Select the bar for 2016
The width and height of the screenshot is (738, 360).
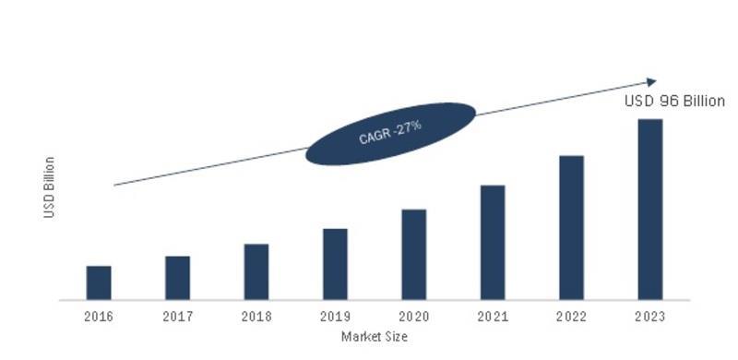(99, 282)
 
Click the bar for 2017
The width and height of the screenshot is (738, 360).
(177, 278)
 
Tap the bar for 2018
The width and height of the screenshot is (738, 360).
(256, 271)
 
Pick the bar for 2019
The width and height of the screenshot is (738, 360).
(335, 264)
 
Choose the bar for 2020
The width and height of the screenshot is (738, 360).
(414, 255)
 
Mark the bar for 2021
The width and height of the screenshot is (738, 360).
(493, 242)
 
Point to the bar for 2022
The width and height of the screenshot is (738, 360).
(571, 227)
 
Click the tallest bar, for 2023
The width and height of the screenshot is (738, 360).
(650, 209)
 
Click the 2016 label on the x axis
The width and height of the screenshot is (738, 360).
(99, 316)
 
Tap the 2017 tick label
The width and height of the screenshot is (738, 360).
(177, 316)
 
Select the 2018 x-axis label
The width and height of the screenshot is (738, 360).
(256, 316)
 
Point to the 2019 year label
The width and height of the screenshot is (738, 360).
(335, 316)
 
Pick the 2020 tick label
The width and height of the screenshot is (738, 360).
(414, 316)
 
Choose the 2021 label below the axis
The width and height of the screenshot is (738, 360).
(493, 316)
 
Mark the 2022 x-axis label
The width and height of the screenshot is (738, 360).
(571, 316)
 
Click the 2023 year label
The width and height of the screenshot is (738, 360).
(650, 316)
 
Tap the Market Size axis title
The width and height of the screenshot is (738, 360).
(375, 337)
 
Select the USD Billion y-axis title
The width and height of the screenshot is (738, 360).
(50, 187)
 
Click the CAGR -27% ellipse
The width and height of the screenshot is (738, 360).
(390, 134)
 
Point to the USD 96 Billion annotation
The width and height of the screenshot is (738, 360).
(675, 102)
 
